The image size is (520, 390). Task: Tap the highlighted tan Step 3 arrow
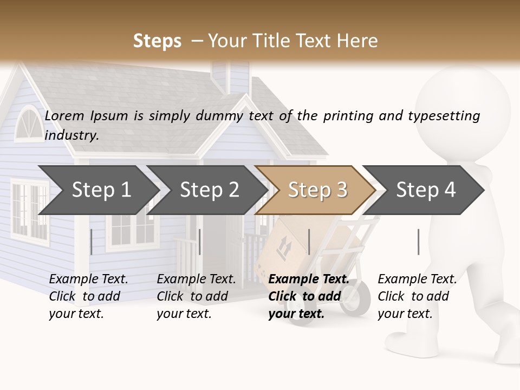pyautogui.click(x=316, y=190)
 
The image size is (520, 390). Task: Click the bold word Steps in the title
pyautogui.click(x=157, y=41)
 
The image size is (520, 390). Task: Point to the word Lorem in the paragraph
pyautogui.click(x=64, y=115)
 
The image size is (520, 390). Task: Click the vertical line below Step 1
pyautogui.click(x=92, y=242)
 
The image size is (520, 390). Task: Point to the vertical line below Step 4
pyautogui.click(x=418, y=242)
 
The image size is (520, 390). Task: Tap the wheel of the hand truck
pyautogui.click(x=355, y=297)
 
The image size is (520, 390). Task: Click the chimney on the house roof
pyautogui.click(x=230, y=76)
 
